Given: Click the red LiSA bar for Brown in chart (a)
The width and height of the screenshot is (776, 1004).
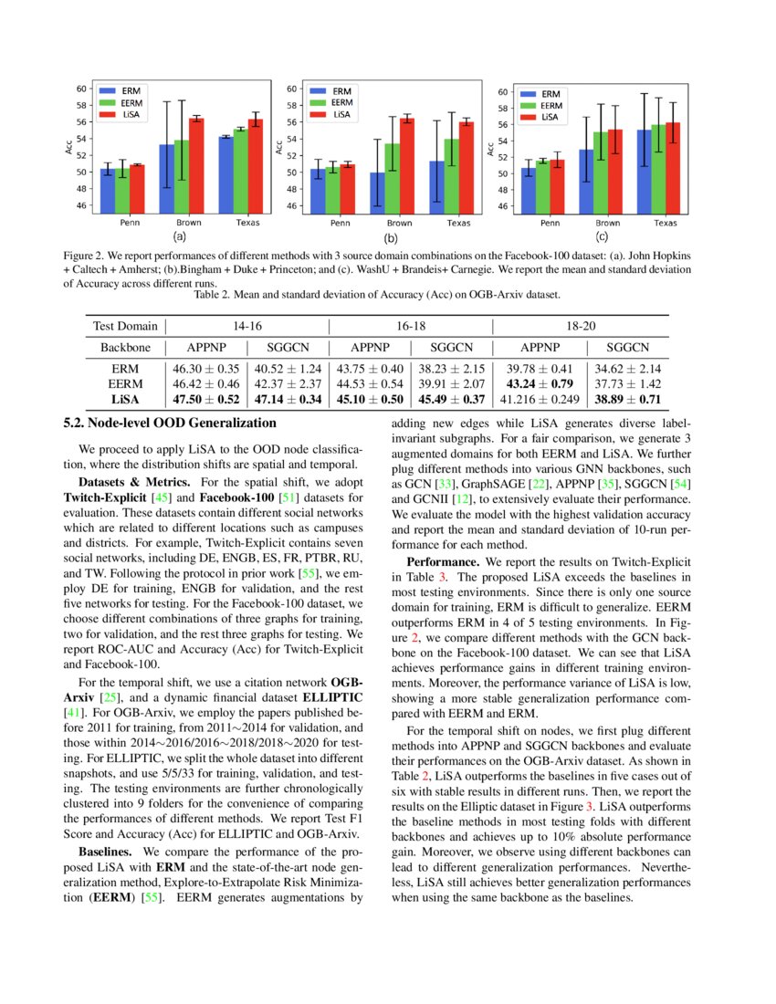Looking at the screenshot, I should (196, 165).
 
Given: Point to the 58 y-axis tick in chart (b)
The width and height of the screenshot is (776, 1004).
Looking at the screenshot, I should (292, 105).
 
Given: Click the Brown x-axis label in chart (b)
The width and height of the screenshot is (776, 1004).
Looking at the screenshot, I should (399, 223).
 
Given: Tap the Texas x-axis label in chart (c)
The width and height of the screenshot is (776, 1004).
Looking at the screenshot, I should (665, 223).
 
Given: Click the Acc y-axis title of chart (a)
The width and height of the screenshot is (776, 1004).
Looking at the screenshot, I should (69, 147).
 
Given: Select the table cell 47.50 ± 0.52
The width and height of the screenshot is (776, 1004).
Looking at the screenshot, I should (205, 400).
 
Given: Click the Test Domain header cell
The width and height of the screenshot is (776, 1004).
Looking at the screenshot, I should (124, 326).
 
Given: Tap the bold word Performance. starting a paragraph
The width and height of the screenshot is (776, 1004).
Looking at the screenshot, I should (446, 562).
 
